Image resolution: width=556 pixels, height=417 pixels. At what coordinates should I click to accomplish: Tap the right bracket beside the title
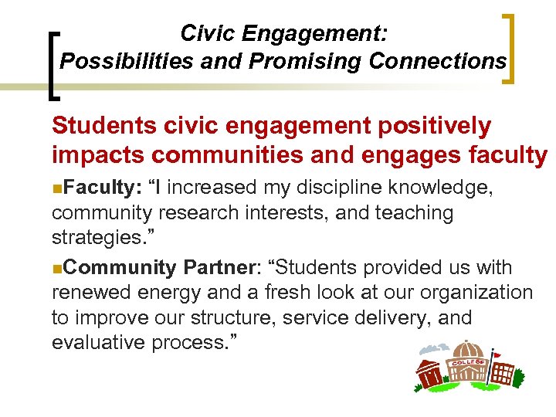(x=510, y=48)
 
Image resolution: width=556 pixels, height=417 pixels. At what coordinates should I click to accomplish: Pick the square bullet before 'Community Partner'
(x=56, y=268)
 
